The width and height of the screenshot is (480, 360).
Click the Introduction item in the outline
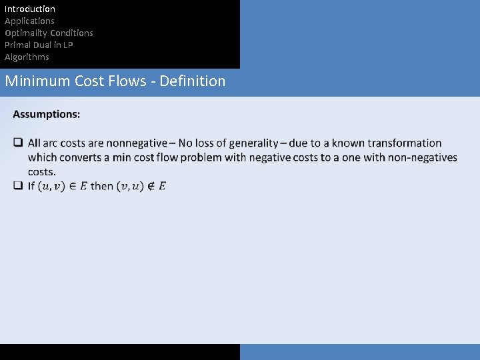30,9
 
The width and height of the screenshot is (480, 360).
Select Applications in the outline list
29,21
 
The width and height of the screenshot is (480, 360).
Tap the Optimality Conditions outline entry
49,33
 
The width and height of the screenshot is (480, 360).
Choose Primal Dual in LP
39,45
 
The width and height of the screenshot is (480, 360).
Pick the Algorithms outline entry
27,57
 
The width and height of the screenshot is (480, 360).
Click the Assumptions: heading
47,114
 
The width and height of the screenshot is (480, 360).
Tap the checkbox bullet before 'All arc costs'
18,143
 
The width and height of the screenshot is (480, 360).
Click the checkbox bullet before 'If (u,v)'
18,186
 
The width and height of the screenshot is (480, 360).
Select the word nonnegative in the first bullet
136,143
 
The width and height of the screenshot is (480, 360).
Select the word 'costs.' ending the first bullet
42,171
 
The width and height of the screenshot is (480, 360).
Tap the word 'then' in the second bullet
101,186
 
